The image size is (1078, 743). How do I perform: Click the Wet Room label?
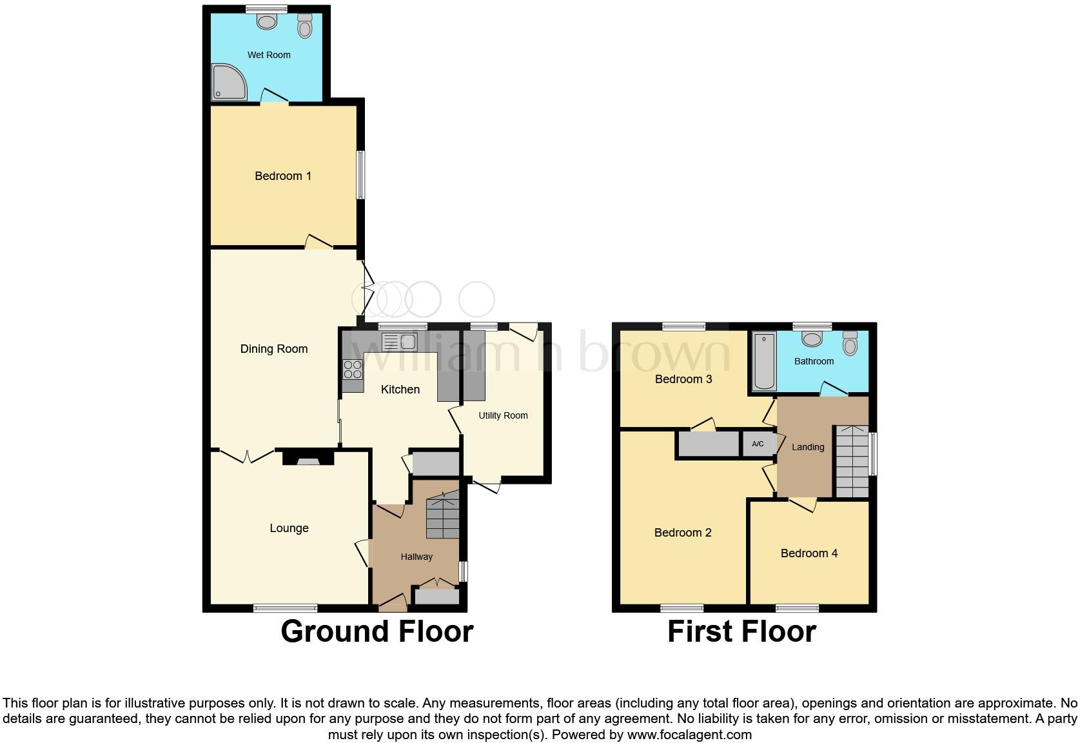269,55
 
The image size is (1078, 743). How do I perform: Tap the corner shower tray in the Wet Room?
228,82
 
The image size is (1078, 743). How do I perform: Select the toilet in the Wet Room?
305,26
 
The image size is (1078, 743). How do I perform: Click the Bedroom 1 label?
283,176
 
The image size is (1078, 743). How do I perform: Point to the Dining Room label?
274,349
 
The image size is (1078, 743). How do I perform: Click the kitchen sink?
400,341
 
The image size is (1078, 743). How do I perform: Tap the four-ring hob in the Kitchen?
353,369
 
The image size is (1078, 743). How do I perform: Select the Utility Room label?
503,415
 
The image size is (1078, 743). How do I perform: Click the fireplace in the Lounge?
308,459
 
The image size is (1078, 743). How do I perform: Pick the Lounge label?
289,528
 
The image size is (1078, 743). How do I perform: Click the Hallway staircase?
443,515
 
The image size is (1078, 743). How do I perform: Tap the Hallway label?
416,557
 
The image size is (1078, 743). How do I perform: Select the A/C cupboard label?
758,444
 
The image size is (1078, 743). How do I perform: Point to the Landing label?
808,447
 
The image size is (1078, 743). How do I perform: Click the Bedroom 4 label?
809,553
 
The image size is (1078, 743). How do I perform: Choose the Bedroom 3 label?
683,379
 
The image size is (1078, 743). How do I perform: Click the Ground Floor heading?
377,631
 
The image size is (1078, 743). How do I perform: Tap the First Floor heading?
741,631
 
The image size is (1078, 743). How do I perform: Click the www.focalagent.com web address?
689,735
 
